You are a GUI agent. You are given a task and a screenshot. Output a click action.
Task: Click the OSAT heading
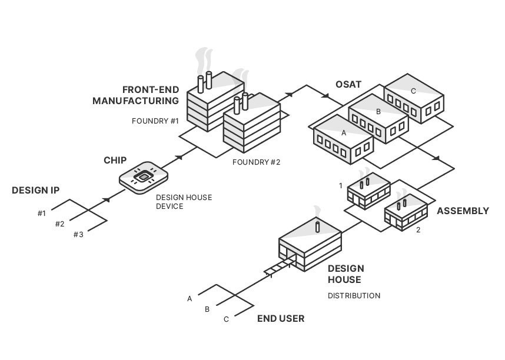[348, 84]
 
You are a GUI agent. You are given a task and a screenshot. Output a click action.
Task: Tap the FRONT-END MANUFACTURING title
[136, 95]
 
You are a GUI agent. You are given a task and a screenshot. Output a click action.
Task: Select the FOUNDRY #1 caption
[155, 121]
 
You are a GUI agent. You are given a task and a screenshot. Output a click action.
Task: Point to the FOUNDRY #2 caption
[256, 162]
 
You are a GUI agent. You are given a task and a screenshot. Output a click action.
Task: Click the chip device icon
[144, 176]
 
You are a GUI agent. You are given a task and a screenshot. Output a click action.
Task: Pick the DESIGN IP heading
[35, 191]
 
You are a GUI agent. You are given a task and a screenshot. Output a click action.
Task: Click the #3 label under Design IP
[78, 235]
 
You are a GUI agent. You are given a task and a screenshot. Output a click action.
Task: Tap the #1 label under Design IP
[41, 214]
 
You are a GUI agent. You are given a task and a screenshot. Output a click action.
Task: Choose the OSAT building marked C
[414, 98]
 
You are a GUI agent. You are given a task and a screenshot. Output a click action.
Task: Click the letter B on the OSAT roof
[378, 111]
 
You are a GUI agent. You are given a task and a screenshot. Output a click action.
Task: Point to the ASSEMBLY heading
[463, 211]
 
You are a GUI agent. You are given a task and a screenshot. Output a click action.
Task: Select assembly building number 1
[368, 191]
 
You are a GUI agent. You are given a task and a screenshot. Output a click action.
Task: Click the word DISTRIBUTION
[354, 295]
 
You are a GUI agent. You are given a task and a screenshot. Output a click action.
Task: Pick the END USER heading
[281, 319]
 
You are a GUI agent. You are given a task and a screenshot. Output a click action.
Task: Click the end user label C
[226, 319]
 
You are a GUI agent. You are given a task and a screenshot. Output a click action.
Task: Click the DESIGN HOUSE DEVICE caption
[184, 202]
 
